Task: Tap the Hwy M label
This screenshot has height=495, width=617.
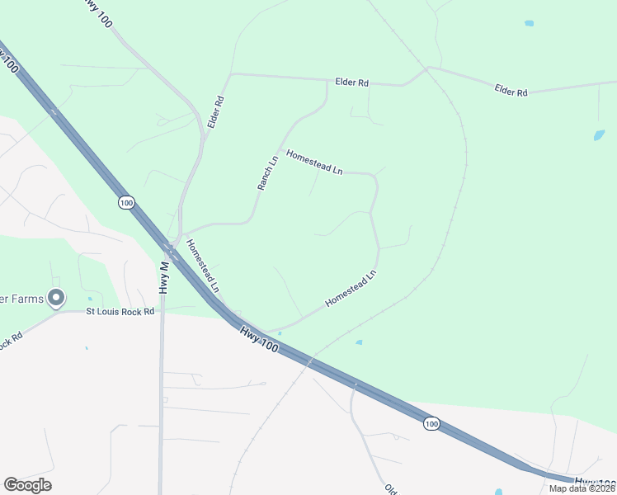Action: point(163,276)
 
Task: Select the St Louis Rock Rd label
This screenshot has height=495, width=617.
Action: point(121,312)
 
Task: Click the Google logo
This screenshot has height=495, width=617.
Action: point(27,485)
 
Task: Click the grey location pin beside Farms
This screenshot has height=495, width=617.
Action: point(56,297)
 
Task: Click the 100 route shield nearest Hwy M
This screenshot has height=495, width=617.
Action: point(125,203)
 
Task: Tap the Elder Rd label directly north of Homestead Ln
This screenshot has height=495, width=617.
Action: point(351,82)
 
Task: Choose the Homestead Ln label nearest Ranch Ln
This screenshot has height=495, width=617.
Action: point(313,162)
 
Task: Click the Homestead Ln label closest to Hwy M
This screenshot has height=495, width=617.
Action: point(202,266)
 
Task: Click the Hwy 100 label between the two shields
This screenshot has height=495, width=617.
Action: point(259,339)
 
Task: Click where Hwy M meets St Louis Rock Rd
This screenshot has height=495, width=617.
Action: point(162,312)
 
